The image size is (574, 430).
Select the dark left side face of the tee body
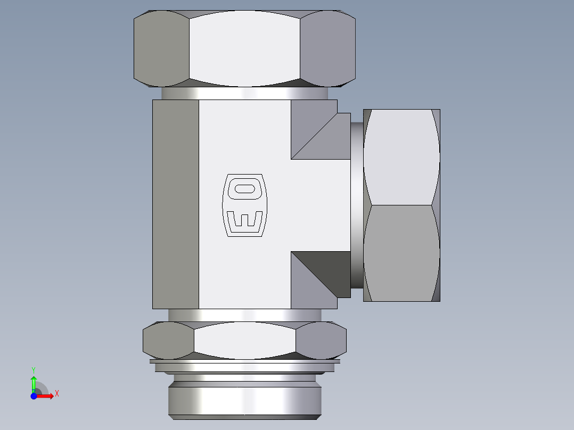pyautogui.click(x=175, y=204)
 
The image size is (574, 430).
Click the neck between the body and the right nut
pyautogui.click(x=357, y=205)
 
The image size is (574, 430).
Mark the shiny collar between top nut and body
pyautogui.click(x=244, y=93)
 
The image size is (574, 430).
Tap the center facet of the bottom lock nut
pyautogui.click(x=244, y=340)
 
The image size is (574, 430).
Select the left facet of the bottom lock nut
pyautogui.click(x=168, y=340)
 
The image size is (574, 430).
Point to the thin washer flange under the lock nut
pyautogui.click(x=244, y=362)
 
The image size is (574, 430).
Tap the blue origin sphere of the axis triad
pyautogui.click(x=34, y=396)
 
